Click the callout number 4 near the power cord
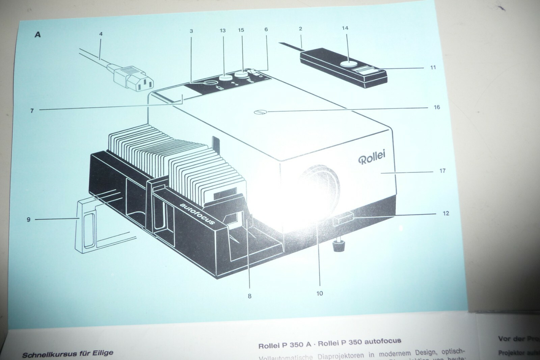pyautogui.click(x=101, y=34)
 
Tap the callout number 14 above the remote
pyautogui.click(x=345, y=28)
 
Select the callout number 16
pyautogui.click(x=437, y=107)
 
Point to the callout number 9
pyautogui.click(x=29, y=220)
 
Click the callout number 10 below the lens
pyautogui.click(x=319, y=293)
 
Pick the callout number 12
pyautogui.click(x=446, y=213)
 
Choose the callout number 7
pyautogui.click(x=32, y=110)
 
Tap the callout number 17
pyautogui.click(x=442, y=171)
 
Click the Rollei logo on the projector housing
pyautogui.click(x=371, y=157)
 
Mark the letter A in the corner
pyautogui.click(x=37, y=34)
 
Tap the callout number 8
pyautogui.click(x=249, y=296)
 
